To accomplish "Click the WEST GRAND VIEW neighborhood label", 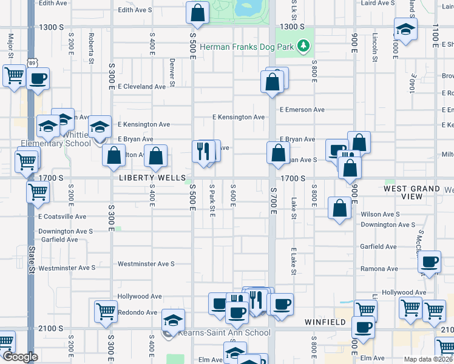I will pyautogui.click(x=412, y=193).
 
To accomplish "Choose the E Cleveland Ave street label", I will pyautogui.click(x=141, y=87).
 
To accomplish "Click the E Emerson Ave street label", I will pyautogui.click(x=302, y=110).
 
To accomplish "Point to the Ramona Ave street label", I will pyautogui.click(x=379, y=269).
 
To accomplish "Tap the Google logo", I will pyautogui.click(x=19, y=357).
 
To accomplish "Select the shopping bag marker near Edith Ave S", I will pyautogui.click(x=197, y=12).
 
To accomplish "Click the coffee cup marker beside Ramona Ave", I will pyautogui.click(x=429, y=261).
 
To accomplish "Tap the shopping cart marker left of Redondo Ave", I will pyautogui.click(x=106, y=311).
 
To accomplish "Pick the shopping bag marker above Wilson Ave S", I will pyautogui.click(x=339, y=208).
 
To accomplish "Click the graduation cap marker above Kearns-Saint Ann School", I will pyautogui.click(x=174, y=320).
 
